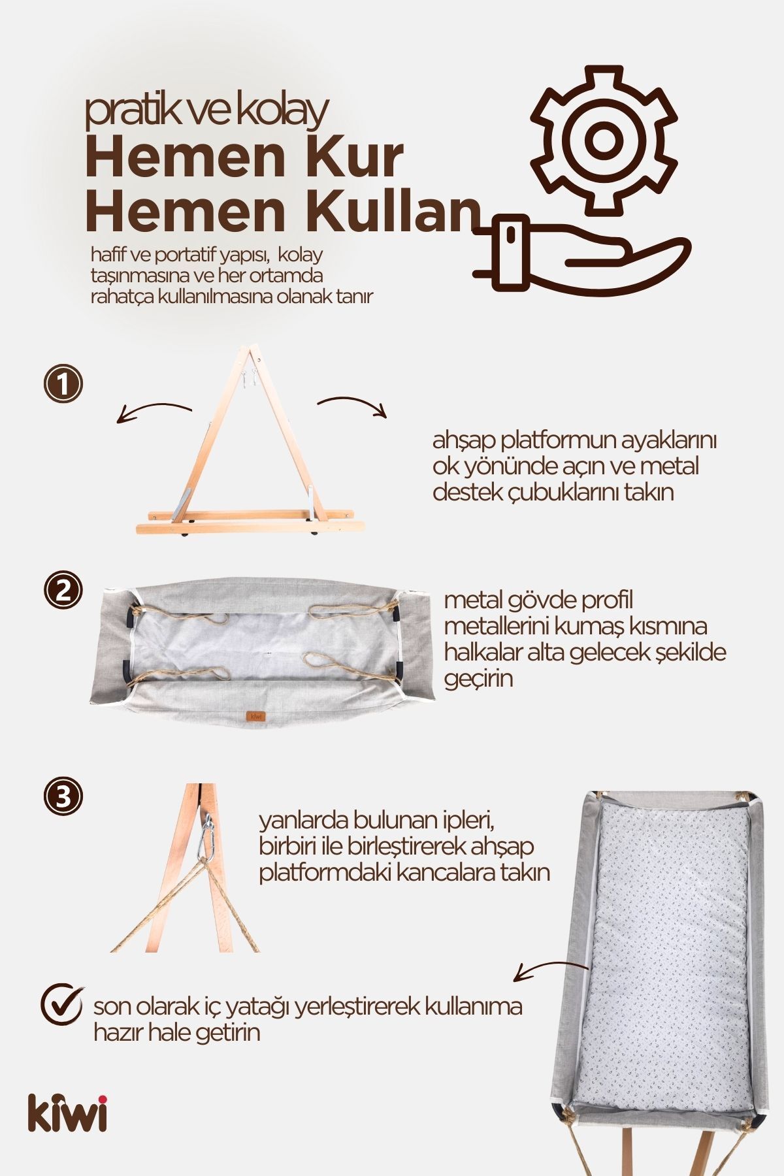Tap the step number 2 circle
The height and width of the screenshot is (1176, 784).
point(63,591)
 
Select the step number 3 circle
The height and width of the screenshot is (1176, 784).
point(63,796)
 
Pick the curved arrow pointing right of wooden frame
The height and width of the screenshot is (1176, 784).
point(353,405)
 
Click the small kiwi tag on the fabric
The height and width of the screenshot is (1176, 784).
point(256,716)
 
